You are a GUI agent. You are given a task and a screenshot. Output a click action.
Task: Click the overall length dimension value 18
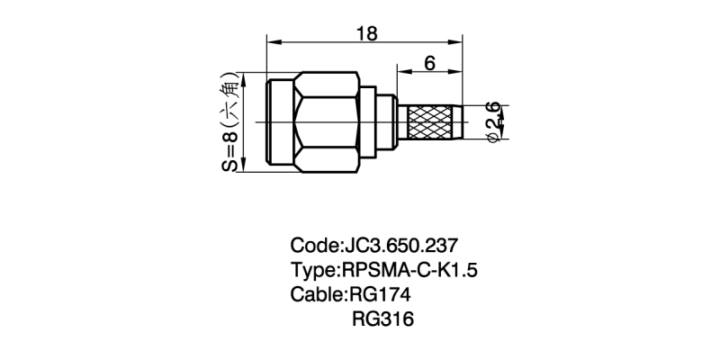[366, 33]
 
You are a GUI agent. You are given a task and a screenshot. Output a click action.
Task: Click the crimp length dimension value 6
[429, 64]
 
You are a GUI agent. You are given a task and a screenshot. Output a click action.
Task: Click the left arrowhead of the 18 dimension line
[271, 42]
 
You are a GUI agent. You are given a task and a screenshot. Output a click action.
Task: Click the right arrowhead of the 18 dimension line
[459, 42]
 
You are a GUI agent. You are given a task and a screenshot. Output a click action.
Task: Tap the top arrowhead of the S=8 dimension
[244, 77]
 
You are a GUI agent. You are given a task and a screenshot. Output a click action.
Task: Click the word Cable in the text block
[316, 294]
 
